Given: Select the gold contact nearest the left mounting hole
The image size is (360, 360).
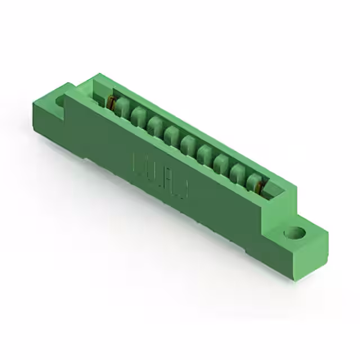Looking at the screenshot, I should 111,103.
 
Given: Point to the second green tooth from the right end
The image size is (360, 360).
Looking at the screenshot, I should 236,170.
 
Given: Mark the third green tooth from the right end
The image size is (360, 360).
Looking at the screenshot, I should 220,161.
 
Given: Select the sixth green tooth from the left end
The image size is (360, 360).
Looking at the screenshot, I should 205,152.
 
